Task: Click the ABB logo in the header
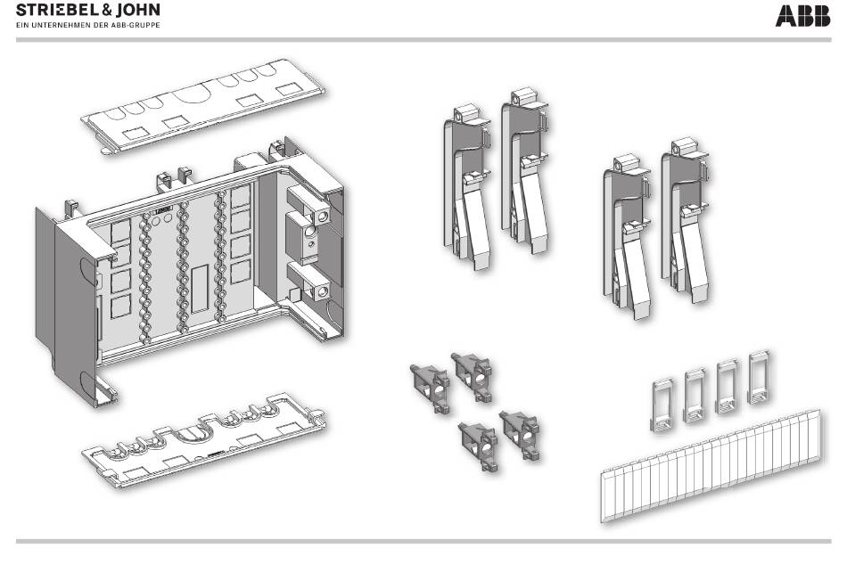click(x=802, y=16)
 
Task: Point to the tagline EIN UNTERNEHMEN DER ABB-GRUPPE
click(x=88, y=25)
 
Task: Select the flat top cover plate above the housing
click(x=203, y=105)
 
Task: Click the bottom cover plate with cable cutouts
click(x=203, y=440)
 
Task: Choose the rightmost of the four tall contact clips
click(x=686, y=220)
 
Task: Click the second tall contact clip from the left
click(x=525, y=171)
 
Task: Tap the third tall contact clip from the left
click(x=628, y=237)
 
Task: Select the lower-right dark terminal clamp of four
click(x=520, y=435)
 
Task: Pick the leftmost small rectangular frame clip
click(x=662, y=405)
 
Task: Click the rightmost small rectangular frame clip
click(x=760, y=378)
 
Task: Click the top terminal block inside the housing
click(x=308, y=205)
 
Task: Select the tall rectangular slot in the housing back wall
click(x=200, y=289)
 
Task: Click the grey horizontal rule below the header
click(x=423, y=39)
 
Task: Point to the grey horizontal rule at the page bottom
click(x=423, y=541)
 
